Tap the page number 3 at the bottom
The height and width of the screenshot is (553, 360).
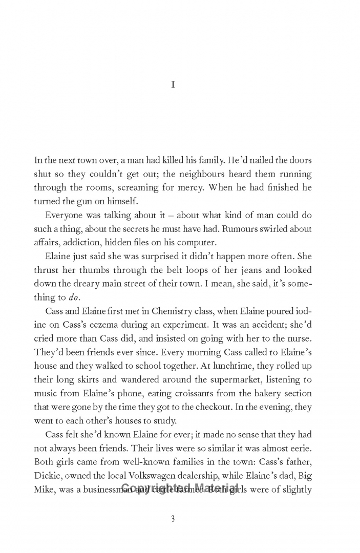(173, 519)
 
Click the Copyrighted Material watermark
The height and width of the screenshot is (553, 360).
(180, 488)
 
